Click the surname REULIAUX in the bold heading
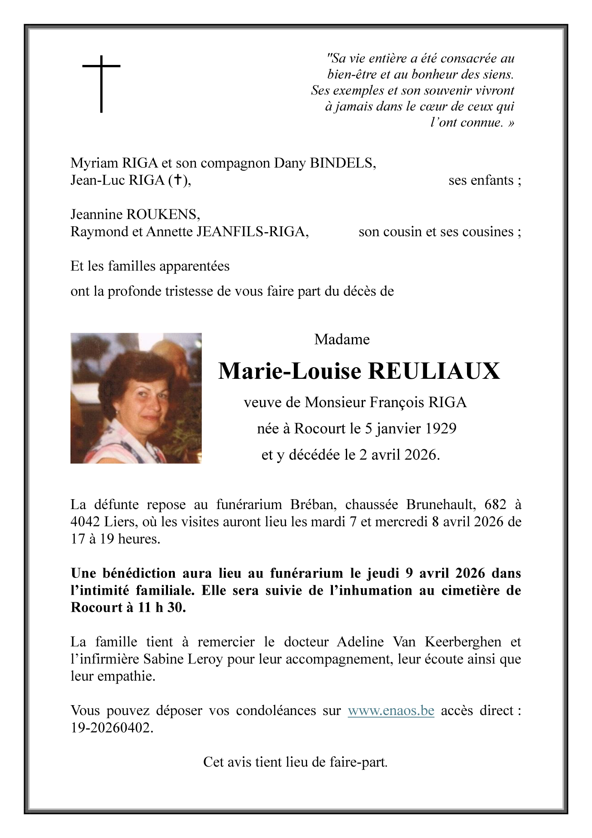[x=434, y=371]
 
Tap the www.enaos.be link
[x=391, y=711]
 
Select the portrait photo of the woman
[x=136, y=398]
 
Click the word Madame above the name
[x=342, y=340]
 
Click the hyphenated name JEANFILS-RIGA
[x=252, y=232]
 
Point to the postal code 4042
[x=85, y=522]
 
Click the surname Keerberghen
[x=463, y=642]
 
